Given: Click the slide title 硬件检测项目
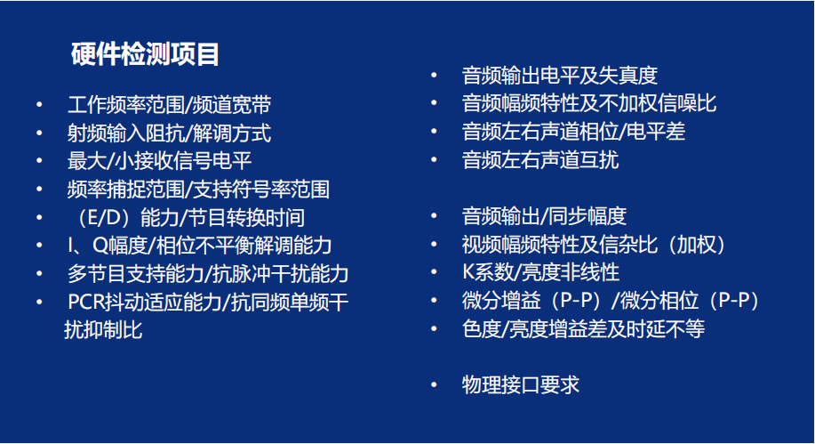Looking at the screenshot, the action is pyautogui.click(x=145, y=54).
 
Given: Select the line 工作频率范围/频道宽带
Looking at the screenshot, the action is pyautogui.click(x=169, y=105).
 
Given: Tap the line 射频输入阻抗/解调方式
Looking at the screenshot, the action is pyautogui.click(x=169, y=133).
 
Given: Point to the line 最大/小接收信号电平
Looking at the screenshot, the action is pyautogui.click(x=160, y=161).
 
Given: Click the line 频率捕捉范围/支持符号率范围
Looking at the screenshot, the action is pyautogui.click(x=198, y=190).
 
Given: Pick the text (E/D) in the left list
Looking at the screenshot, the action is pyautogui.click(x=103, y=218).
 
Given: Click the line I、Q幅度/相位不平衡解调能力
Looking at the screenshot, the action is pyautogui.click(x=200, y=246).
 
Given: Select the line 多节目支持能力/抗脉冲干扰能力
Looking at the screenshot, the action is pyautogui.click(x=208, y=274).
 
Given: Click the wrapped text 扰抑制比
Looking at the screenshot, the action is pyautogui.click(x=103, y=330).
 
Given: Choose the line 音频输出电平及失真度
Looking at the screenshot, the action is pyautogui.click(x=560, y=76).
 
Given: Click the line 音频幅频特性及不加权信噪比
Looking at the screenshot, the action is pyautogui.click(x=589, y=103).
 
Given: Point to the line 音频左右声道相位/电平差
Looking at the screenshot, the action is pyautogui.click(x=573, y=132).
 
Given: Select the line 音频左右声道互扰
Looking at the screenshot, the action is pyautogui.click(x=540, y=160).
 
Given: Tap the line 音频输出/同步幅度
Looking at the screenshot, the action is pyautogui.click(x=544, y=216).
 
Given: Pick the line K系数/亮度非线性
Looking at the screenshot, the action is pyautogui.click(x=540, y=272).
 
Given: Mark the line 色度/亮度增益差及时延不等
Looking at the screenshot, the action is pyautogui.click(x=583, y=328).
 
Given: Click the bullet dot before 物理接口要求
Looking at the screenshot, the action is pyautogui.click(x=434, y=385).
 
